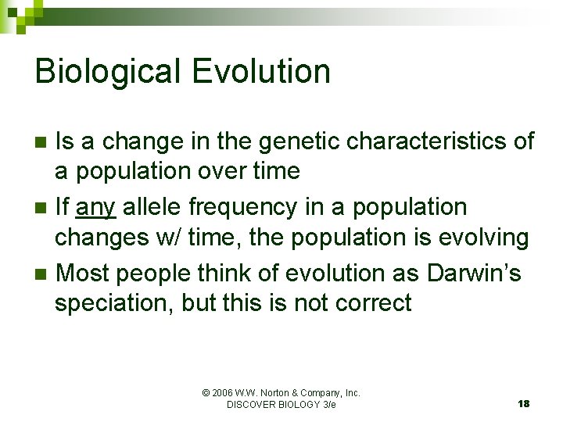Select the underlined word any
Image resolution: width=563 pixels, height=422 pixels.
(95, 208)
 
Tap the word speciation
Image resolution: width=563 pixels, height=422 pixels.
(113, 302)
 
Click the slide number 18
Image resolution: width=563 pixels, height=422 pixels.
(523, 404)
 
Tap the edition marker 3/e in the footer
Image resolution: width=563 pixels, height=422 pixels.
(328, 405)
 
